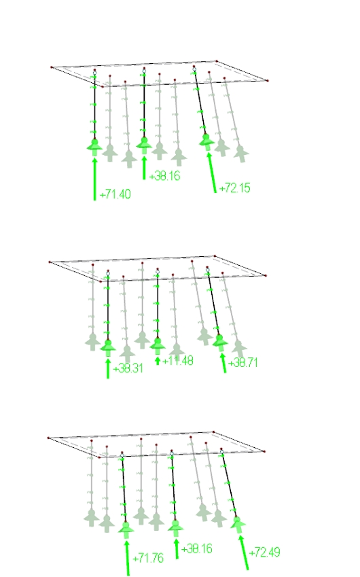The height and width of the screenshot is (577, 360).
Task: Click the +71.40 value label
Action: [115, 194]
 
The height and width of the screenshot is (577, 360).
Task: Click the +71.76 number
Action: [148, 558]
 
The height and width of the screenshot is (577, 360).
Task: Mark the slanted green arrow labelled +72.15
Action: [213, 174]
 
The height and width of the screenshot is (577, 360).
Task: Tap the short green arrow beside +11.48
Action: [158, 360]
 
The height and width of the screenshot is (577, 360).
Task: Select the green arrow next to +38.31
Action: [107, 368]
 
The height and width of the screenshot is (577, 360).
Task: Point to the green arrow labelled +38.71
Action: [223, 363]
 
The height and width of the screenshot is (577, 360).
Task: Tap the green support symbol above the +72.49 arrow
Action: [237, 524]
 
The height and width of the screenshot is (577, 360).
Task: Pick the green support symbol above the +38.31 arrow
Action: [107, 347]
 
